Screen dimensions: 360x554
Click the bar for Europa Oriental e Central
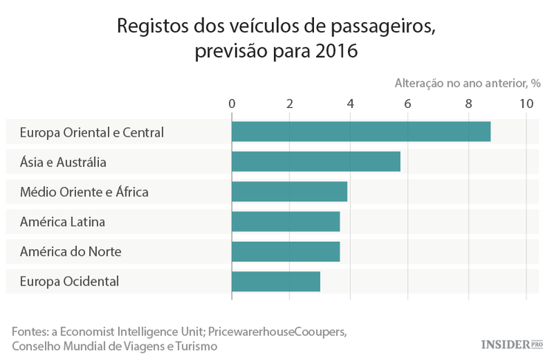[x=360, y=132]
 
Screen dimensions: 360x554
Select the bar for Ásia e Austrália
[x=315, y=161]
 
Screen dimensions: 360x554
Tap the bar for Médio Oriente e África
[x=289, y=191]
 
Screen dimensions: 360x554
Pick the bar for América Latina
[x=285, y=221]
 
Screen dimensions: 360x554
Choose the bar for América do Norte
[x=285, y=251]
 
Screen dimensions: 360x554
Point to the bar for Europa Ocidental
[x=276, y=281]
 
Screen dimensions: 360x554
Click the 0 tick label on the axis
[x=232, y=103]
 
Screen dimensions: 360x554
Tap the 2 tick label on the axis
[x=290, y=103]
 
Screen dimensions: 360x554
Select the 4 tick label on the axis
[x=349, y=103]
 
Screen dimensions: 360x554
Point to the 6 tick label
[x=408, y=103]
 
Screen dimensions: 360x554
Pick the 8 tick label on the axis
[x=468, y=103]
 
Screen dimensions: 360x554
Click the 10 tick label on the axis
[x=526, y=103]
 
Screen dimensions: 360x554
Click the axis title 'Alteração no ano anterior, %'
[x=462, y=83]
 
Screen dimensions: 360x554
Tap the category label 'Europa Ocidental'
[x=69, y=281]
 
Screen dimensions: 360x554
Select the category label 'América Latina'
[x=63, y=221]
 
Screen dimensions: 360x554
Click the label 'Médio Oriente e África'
[x=84, y=191]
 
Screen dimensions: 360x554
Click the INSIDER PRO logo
[x=512, y=344]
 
